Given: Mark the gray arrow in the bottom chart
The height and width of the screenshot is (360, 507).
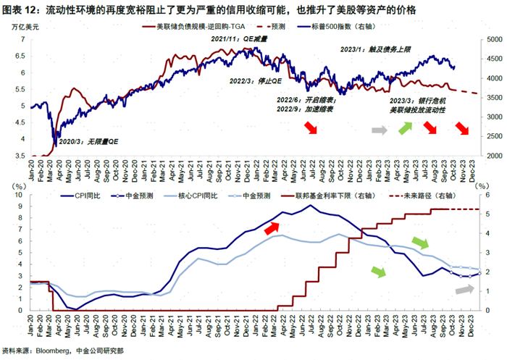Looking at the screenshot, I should pos(464,289).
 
